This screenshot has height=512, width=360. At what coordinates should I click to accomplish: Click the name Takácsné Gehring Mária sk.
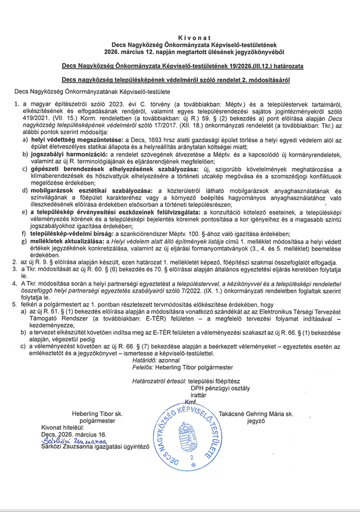click(256, 415)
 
